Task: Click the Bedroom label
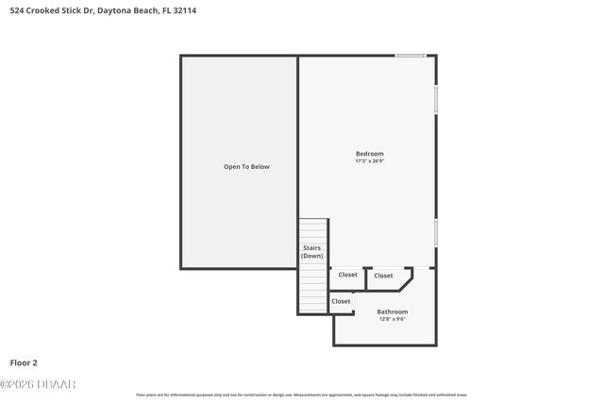click(369, 154)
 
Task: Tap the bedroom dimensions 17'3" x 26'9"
click(369, 161)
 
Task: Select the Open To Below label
click(246, 167)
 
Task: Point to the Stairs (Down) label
click(312, 252)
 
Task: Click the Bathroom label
click(393, 311)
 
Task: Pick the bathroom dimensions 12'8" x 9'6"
click(393, 319)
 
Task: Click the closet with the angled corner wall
click(384, 276)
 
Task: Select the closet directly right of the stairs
click(348, 275)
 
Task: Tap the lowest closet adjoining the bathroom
click(341, 302)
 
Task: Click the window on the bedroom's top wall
click(411, 56)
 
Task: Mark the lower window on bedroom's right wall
click(436, 233)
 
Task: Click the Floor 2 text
click(24, 362)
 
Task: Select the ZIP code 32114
click(187, 10)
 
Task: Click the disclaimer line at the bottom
click(302, 395)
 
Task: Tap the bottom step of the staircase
click(312, 309)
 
